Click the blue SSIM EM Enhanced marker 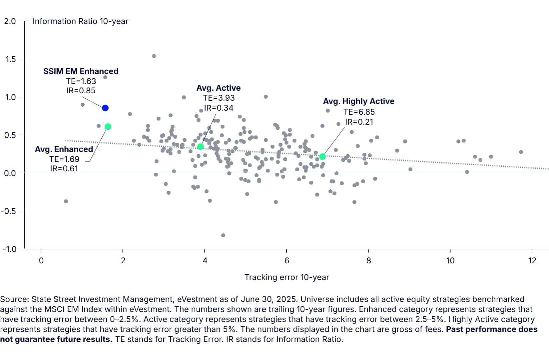click(105, 108)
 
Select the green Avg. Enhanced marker click(108, 127)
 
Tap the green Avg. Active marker click(201, 147)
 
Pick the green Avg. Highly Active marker click(322, 157)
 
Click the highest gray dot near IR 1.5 click(154, 56)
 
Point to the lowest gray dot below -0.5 click(223, 235)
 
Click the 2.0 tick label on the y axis click(10, 21)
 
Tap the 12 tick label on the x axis click(532, 260)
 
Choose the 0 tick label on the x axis click(41, 260)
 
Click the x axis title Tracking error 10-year click(286, 277)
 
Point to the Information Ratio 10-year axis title click(80, 21)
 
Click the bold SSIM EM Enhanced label click(81, 71)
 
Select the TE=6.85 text click(359, 112)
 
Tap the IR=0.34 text click(219, 108)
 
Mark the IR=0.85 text click(81, 91)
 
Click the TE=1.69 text click(64, 159)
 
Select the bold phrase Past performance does click(492, 329)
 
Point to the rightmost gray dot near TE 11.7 click(521, 152)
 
